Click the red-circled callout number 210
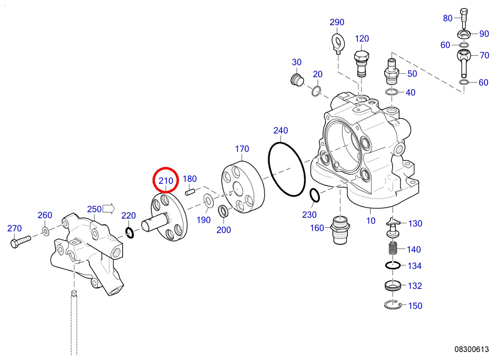pos(166,181)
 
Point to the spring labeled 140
pos(393,250)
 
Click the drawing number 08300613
pos(471,349)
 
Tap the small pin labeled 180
pos(190,192)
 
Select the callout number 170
pos(242,149)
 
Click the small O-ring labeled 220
pos(129,232)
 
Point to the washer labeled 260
pos(45,230)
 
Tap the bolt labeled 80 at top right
pos(463,16)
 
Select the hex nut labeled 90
pos(464,34)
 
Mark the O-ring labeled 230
pos(314,195)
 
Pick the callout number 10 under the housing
pos(371,220)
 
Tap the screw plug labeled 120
pos(361,63)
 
